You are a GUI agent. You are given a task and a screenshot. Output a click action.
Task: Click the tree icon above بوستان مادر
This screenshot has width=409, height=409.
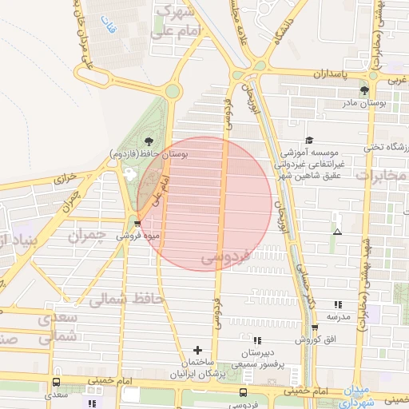tap(363, 91)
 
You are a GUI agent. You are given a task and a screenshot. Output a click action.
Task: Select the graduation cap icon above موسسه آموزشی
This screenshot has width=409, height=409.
tap(309, 139)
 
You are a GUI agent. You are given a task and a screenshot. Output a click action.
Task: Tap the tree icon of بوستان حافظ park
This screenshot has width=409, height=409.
tap(149, 141)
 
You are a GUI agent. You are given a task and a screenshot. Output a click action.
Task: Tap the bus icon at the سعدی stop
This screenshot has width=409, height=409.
tap(55, 383)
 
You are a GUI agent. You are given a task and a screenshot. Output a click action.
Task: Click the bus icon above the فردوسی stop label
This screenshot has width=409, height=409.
tap(242, 393)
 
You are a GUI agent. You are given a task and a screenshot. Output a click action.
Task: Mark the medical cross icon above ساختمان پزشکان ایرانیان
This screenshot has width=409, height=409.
tap(198, 350)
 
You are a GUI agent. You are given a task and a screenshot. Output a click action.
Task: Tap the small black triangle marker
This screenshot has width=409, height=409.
tap(337, 232)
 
